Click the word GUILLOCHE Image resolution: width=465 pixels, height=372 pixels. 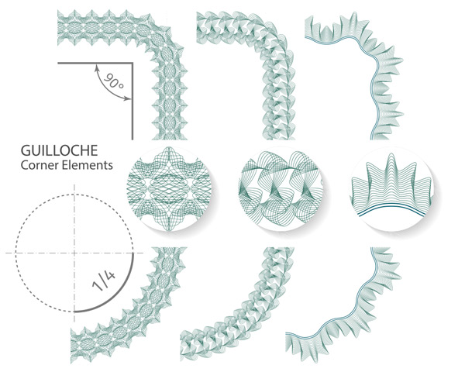click(x=60, y=150)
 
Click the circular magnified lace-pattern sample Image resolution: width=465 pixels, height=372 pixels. click(x=169, y=189)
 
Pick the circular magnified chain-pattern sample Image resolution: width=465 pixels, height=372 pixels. click(x=281, y=189)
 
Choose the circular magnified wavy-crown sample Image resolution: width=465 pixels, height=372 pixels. click(x=392, y=189)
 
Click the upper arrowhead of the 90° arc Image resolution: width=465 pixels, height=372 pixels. click(x=96, y=68)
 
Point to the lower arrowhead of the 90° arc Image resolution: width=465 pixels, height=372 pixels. click(x=128, y=98)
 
